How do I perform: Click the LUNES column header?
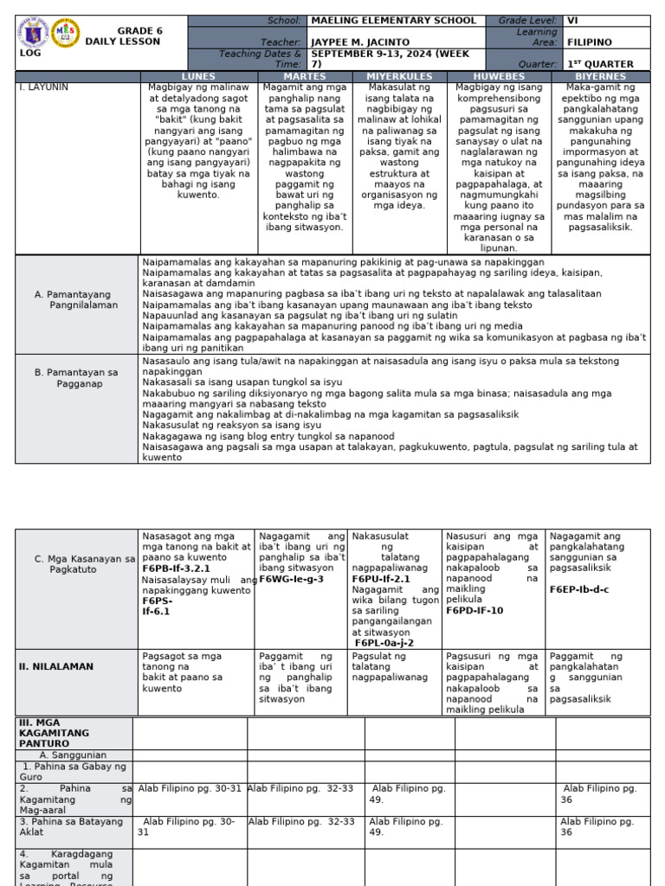pos(197,77)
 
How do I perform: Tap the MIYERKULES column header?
pos(397,77)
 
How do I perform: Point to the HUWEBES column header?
pos(499,77)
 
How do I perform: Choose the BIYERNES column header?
pos(600,77)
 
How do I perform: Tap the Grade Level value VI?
pos(572,21)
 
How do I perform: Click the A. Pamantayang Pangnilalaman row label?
pos(75,299)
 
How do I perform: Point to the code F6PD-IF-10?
pos(475,610)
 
